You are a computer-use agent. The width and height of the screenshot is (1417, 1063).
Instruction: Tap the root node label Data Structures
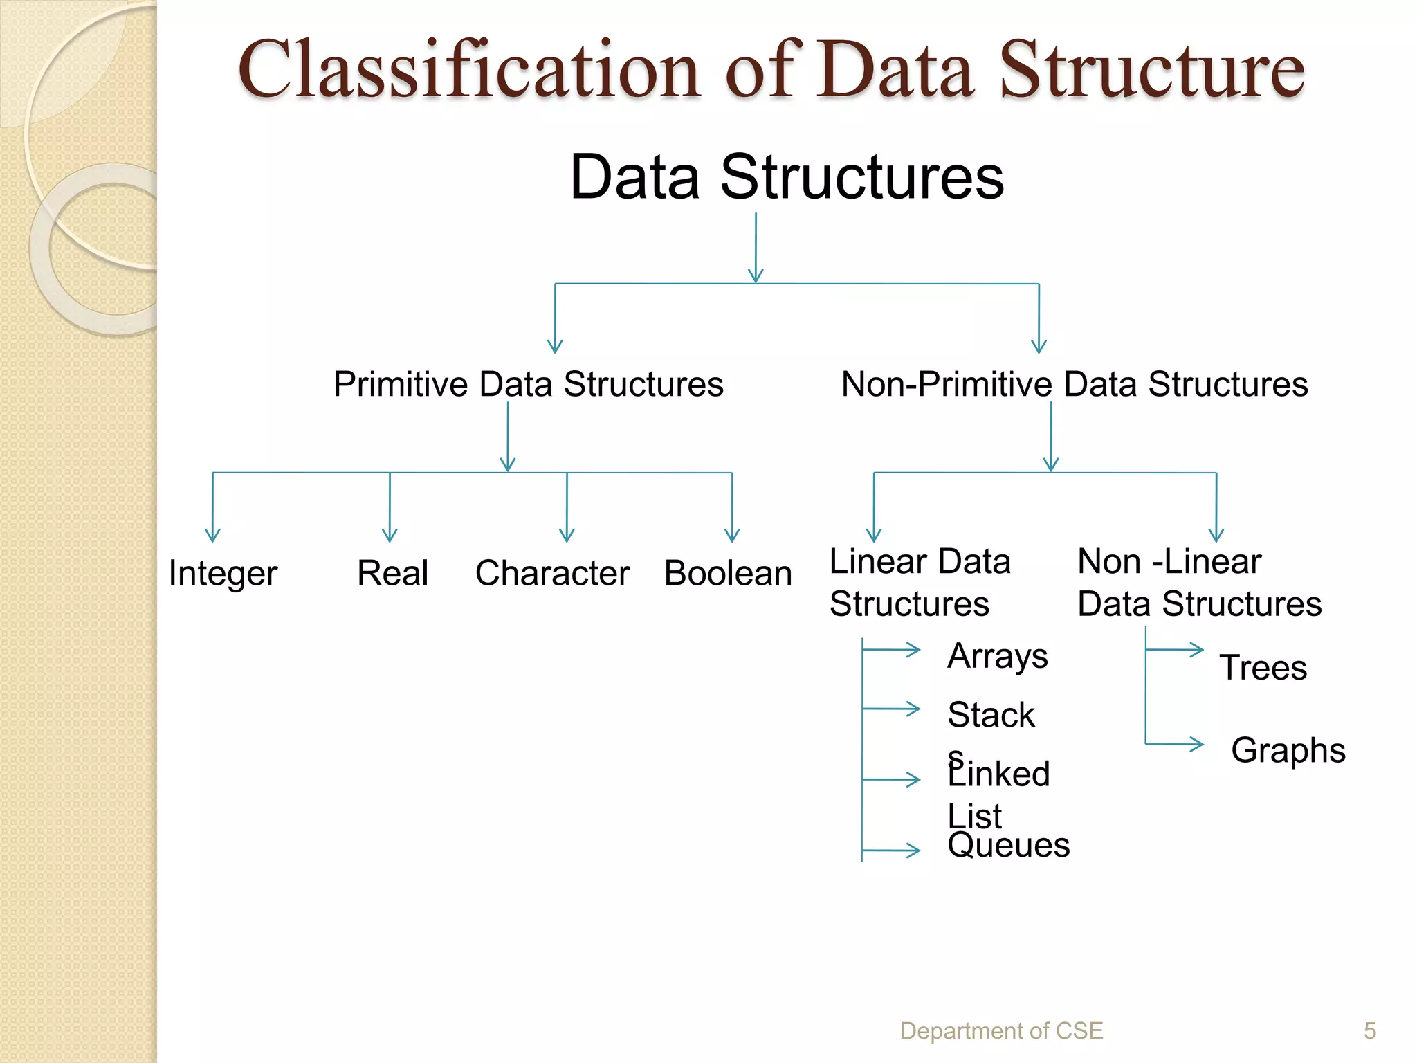(787, 177)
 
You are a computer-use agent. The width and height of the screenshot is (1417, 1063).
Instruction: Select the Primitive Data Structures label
(529, 384)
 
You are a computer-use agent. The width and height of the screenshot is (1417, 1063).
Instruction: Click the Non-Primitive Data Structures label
(1075, 384)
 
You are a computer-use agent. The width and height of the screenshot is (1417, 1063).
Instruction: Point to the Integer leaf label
(223, 574)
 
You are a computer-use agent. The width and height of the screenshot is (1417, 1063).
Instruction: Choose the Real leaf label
(392, 573)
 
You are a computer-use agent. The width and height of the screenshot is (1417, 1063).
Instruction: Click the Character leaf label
(552, 573)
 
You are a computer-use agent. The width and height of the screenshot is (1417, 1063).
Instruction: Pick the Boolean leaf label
(728, 573)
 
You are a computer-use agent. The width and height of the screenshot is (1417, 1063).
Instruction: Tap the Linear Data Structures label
(920, 582)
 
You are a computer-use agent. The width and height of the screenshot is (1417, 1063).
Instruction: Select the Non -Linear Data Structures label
(1199, 582)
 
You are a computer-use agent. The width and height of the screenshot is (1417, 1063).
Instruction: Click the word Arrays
(998, 655)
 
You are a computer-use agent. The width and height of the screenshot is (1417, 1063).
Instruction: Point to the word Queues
(1008, 846)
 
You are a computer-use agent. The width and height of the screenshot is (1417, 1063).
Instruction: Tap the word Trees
(1263, 668)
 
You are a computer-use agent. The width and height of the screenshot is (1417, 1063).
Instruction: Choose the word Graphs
(1288, 750)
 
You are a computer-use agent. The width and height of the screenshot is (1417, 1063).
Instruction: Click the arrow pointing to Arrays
(893, 649)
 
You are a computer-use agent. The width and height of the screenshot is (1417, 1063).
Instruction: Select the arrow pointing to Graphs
(1176, 744)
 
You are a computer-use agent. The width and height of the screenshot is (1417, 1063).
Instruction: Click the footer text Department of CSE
(1001, 1030)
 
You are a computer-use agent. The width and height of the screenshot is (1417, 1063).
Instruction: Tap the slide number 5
(1369, 1030)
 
